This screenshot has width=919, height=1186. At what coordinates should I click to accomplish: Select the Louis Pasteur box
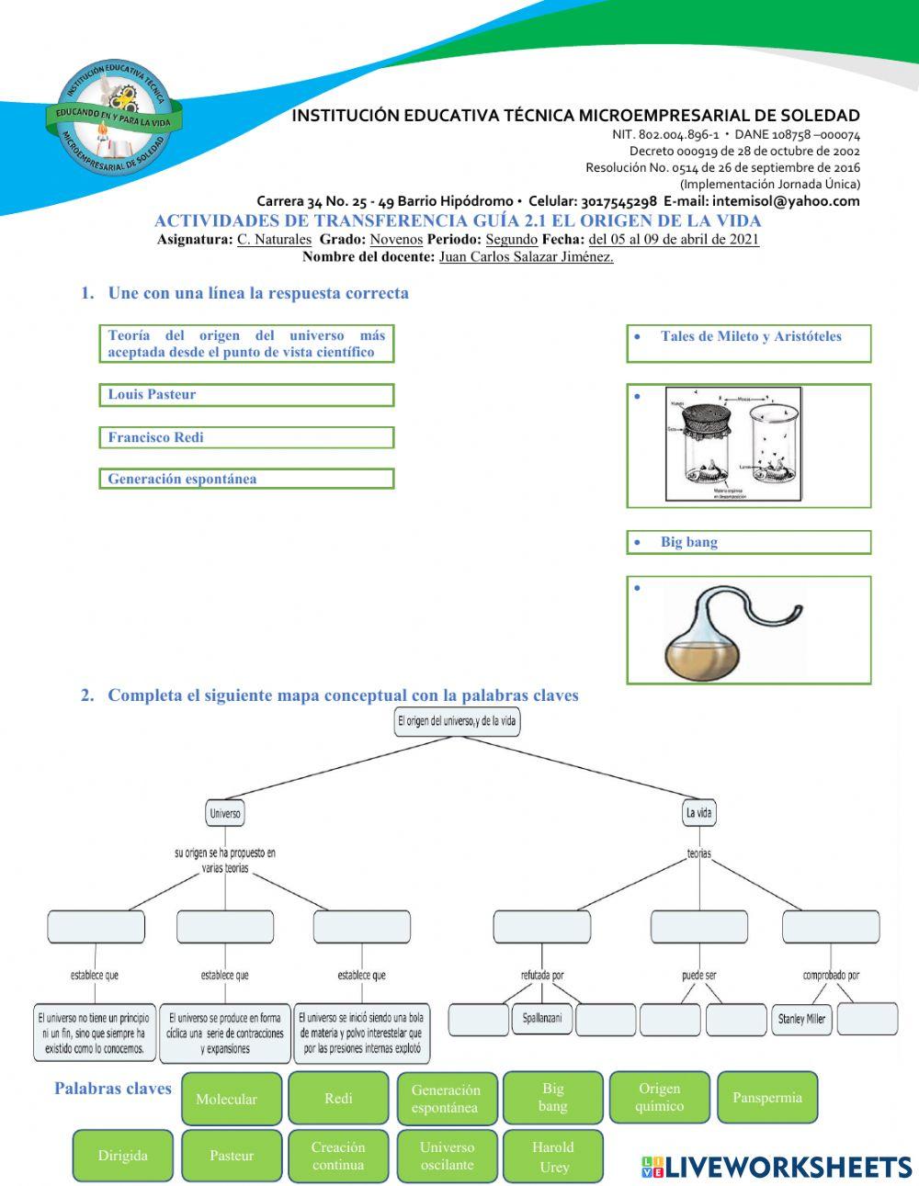246,395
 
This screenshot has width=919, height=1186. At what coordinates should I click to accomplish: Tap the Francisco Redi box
246,437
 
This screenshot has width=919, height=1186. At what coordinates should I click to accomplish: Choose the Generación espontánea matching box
246,479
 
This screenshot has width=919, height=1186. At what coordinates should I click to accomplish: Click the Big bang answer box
748,542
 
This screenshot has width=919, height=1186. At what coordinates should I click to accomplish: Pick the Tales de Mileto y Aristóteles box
748,343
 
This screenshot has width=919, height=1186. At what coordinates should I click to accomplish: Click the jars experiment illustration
733,445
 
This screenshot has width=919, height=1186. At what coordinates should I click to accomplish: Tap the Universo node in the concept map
225,813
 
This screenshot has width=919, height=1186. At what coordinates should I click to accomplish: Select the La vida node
699,813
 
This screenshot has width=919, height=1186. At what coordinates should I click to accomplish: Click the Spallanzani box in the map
542,1019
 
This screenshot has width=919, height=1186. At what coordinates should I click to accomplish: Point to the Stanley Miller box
801,1019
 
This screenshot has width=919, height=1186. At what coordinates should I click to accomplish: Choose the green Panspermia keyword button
766,1097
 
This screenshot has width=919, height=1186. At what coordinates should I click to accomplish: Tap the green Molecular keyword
226,1099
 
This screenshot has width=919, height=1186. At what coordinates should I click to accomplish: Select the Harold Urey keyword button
552,1157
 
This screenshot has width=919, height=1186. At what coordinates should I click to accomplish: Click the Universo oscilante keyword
447,1156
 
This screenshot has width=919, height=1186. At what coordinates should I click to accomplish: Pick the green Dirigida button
123,1156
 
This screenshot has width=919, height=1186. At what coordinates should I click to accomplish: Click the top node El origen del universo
458,722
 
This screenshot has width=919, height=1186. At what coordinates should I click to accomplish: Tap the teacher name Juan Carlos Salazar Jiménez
526,256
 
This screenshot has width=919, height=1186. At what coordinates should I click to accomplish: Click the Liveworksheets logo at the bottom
776,1167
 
